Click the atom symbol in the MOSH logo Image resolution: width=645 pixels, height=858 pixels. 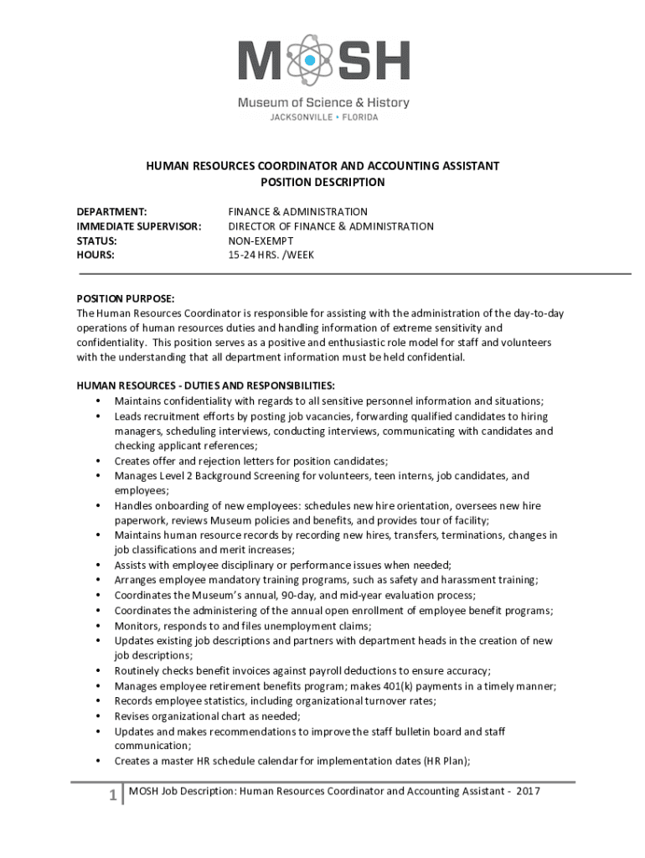tap(310, 61)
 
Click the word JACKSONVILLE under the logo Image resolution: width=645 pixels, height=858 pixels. tap(300, 117)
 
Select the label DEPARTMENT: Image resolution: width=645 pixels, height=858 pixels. tap(112, 212)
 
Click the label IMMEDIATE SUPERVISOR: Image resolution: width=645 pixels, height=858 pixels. tap(139, 226)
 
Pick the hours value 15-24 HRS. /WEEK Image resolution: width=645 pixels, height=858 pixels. tap(271, 255)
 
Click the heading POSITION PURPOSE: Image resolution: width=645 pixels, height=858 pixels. tap(126, 299)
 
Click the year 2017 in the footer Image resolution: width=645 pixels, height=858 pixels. tap(529, 791)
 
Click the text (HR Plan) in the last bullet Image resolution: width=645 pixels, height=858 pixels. tap(446, 761)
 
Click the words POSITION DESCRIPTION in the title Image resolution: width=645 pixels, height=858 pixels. tap(322, 182)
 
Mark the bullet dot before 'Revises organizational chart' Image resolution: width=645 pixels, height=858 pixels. tap(98, 716)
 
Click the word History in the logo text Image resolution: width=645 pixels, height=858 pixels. tap(387, 103)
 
